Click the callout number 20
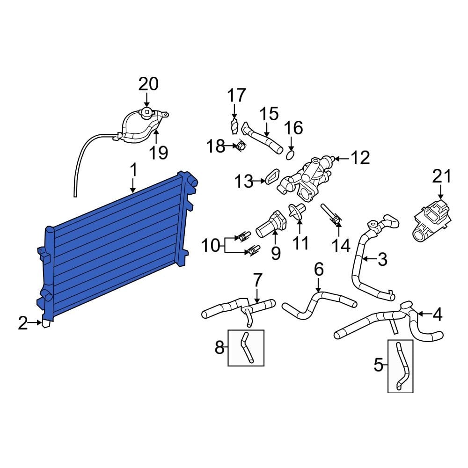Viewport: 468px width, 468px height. coord(148,84)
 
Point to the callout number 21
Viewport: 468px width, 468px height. coord(442,176)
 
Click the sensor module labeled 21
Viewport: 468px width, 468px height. coord(431,220)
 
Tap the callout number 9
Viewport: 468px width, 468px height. coord(276,253)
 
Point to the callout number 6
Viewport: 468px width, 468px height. coord(318,269)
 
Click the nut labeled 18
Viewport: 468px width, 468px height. coord(240,147)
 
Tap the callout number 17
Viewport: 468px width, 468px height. coord(236,95)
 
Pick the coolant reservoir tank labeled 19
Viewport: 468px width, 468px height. coord(140,126)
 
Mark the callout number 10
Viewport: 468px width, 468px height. coord(211,245)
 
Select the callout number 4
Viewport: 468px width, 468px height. coord(437,315)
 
